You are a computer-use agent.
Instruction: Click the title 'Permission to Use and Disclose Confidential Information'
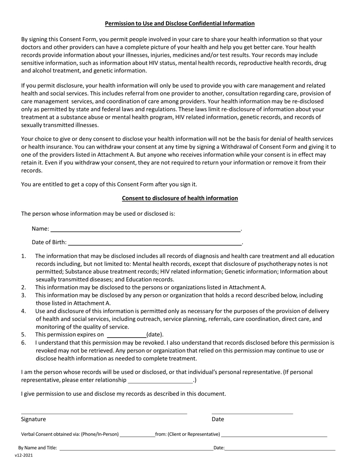pyautogui.click(x=180, y=23)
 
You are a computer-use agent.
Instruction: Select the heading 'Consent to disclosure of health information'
pyautogui.click(x=180, y=198)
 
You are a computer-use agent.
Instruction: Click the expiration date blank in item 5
pyautogui.click(x=127, y=335)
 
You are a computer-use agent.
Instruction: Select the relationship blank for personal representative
pyautogui.click(x=160, y=381)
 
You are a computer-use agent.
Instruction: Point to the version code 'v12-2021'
pyautogui.click(x=24, y=456)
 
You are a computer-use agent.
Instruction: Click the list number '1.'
pyautogui.click(x=23, y=256)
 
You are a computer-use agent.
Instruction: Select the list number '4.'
pyautogui.click(x=23, y=311)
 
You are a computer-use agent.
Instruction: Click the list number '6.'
pyautogui.click(x=23, y=342)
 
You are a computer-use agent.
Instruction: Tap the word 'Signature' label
pyautogui.click(x=33, y=419)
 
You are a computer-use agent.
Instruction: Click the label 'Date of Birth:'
pyautogui.click(x=49, y=242)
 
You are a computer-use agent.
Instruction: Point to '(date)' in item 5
pyautogui.click(x=155, y=335)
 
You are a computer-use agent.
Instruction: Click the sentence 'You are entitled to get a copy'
pyautogui.click(x=109, y=185)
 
